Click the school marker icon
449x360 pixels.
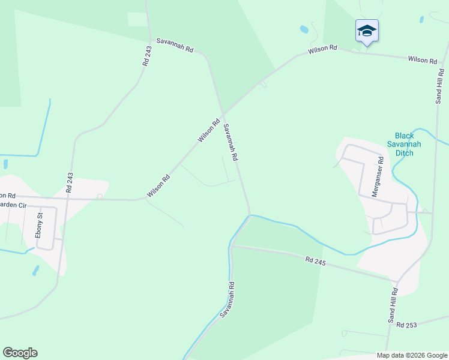point(366,31)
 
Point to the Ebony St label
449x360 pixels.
point(40,224)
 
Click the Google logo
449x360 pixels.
point(20,353)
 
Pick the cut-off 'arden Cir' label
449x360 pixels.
point(14,205)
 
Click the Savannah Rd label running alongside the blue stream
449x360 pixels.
point(227,299)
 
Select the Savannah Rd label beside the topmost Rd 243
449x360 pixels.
point(174,46)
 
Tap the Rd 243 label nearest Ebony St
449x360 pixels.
point(70,182)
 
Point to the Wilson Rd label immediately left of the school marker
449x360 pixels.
point(323,49)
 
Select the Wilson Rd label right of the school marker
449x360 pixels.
point(422,60)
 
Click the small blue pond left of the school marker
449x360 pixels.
point(304,29)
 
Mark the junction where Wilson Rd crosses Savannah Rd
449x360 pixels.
point(223,114)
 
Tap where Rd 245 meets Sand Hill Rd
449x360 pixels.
point(396,280)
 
